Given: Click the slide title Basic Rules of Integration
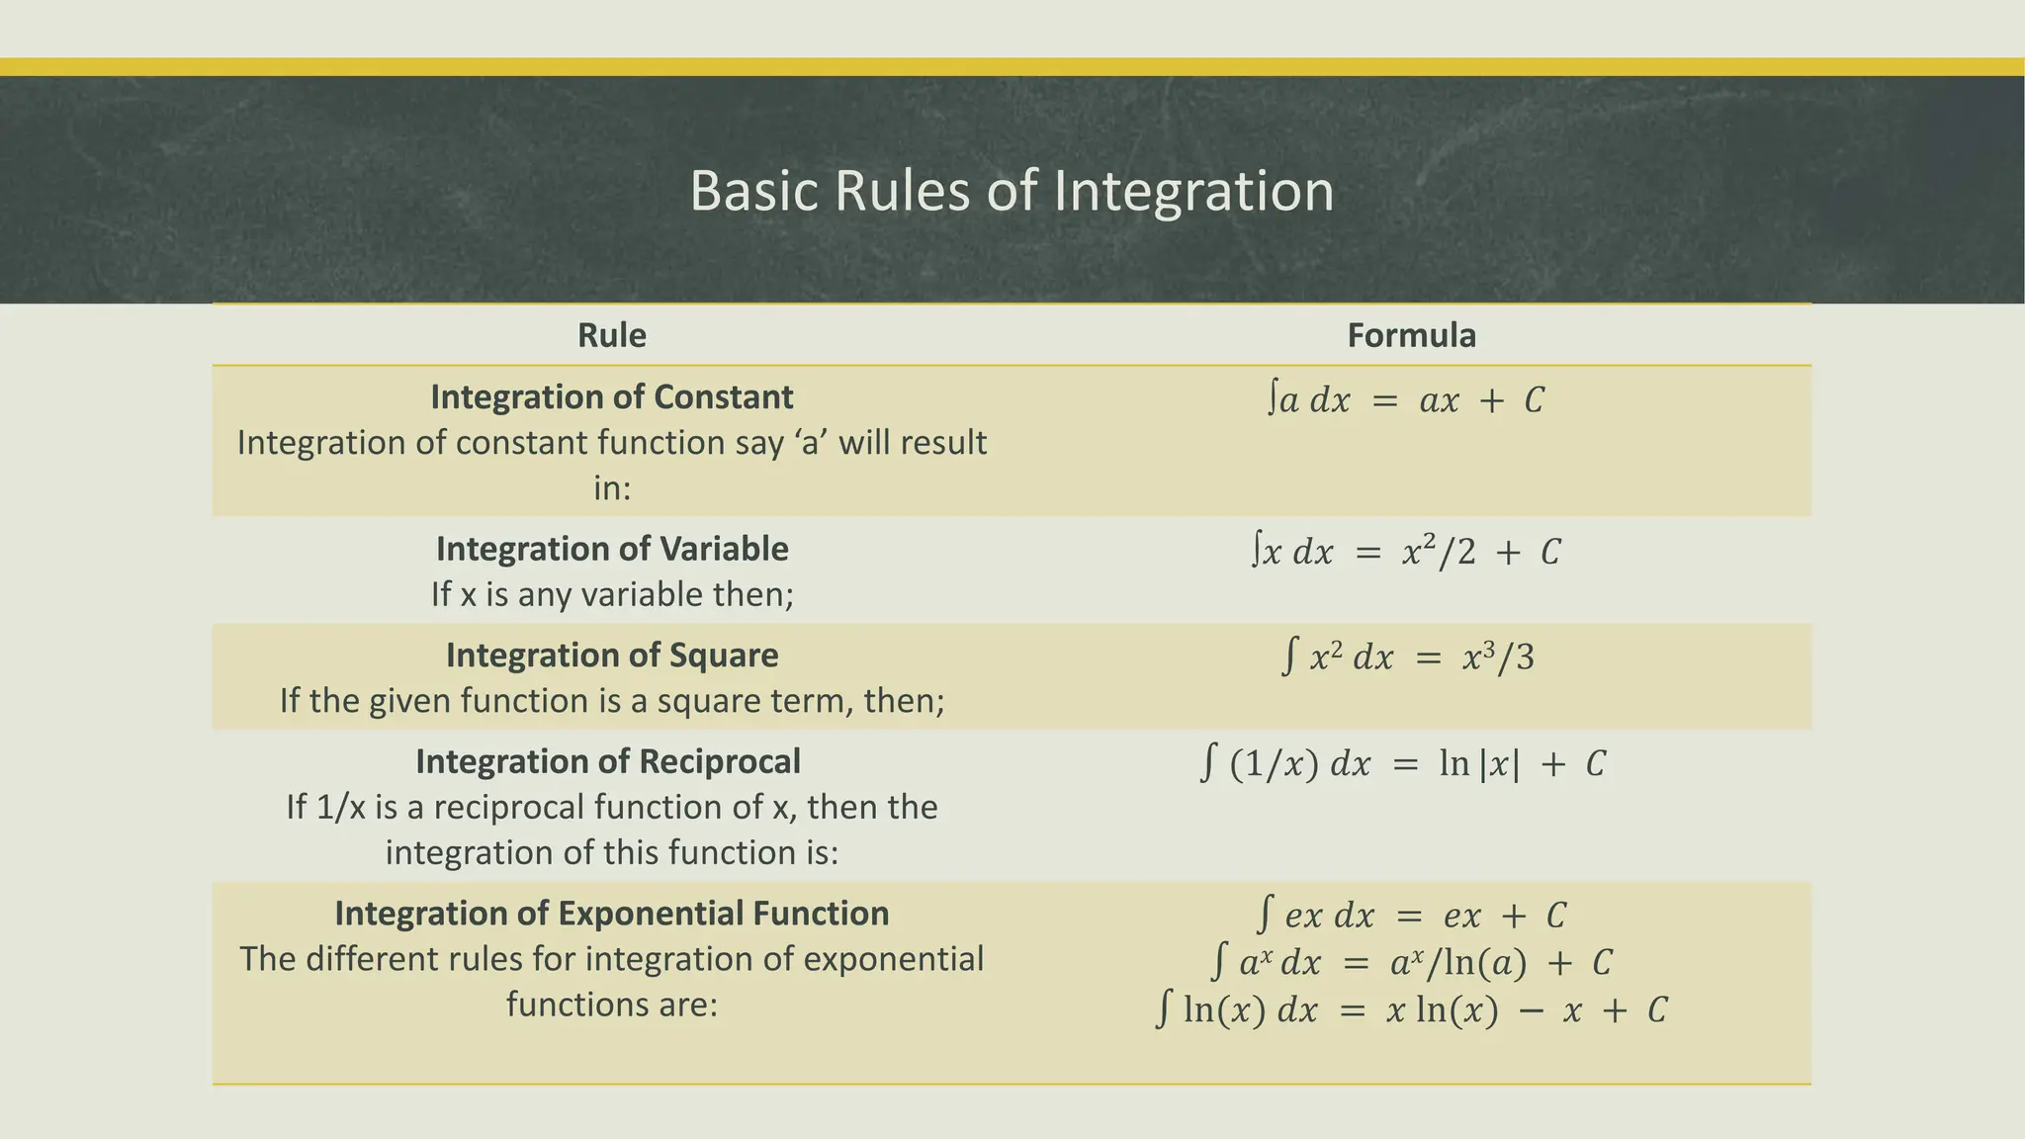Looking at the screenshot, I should [1012, 191].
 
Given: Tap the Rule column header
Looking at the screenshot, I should [612, 336].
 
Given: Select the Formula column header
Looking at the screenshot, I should [1411, 336].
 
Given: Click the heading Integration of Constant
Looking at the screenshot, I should [612, 397].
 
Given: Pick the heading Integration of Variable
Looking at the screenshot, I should [612, 550].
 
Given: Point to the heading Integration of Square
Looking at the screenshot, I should [612, 656].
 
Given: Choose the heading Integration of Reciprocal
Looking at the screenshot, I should [608, 762].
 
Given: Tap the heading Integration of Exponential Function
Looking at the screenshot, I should [612, 914].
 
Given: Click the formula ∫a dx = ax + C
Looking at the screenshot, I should [1405, 400].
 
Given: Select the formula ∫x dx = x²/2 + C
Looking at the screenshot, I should [1405, 552].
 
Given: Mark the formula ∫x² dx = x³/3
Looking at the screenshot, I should [1407, 657].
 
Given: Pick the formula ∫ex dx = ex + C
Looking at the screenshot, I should [1411, 916].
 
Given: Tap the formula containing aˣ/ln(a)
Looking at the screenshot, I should [1411, 962].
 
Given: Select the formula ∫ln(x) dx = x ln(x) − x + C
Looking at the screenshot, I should [1411, 1010].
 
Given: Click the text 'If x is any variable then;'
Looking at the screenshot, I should [612, 595].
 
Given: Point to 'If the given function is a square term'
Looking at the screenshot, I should [612, 701].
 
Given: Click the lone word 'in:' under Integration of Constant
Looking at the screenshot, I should [612, 488].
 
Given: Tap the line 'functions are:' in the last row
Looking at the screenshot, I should [612, 1005].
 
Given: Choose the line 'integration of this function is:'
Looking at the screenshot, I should [612, 852].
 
